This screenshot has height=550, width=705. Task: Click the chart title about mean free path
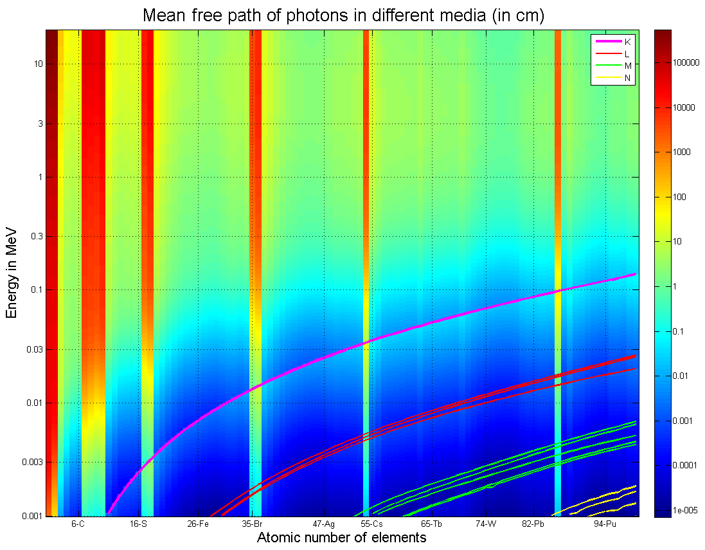pos(343,15)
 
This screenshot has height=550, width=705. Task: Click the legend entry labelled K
pos(627,42)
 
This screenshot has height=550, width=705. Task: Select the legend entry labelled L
pos(627,53)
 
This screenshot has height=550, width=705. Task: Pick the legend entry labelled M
pos(627,66)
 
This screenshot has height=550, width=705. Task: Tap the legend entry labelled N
pos(627,77)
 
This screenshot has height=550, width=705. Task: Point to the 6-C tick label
pos(78,524)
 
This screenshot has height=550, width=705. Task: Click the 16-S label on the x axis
pos(138,524)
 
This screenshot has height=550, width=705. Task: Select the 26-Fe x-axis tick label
pos(198,524)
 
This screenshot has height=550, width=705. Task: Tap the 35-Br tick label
pos(251,524)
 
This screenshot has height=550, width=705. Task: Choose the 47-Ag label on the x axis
pos(323,524)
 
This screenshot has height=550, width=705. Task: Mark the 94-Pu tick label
pos(605,524)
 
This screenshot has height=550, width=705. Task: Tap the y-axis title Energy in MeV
pos(11,273)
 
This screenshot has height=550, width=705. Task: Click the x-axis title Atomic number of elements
pos(341,537)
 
